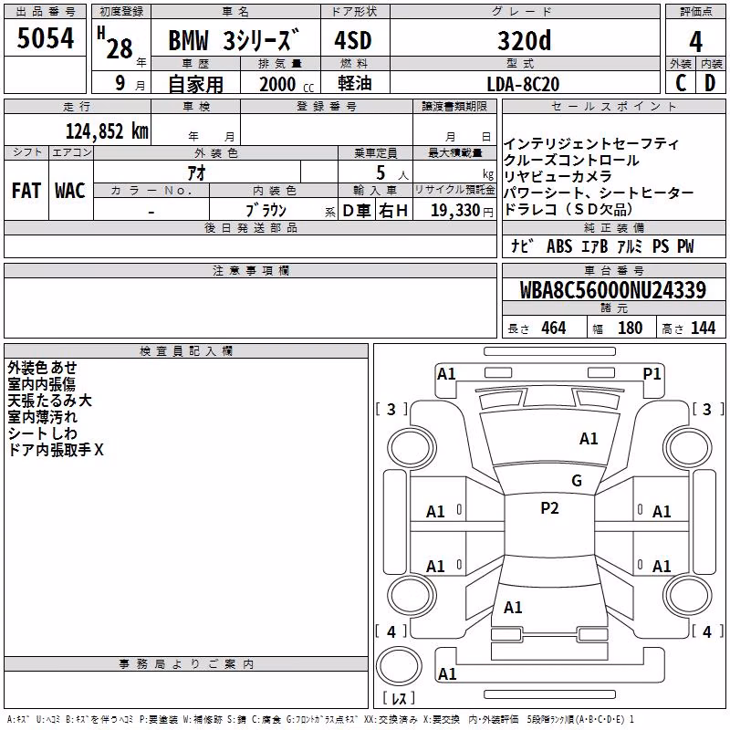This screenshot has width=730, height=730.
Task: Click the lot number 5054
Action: [45, 38]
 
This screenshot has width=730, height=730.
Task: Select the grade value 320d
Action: [524, 40]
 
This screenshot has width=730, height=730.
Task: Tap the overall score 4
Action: [695, 42]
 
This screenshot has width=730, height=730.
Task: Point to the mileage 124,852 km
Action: [107, 131]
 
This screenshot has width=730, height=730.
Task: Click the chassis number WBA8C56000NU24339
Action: [613, 290]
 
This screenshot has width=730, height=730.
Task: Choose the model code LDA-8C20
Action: [523, 84]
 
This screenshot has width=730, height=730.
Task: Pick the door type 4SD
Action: [353, 40]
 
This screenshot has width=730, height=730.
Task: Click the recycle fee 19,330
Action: [455, 211]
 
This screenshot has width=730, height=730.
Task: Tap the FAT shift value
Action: [26, 191]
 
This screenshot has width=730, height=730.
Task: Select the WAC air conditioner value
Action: [70, 191]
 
